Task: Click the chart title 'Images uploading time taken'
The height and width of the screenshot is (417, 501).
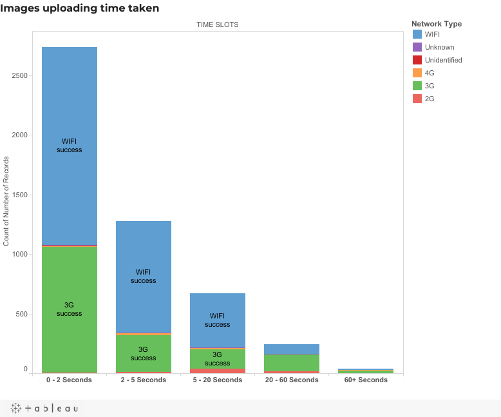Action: (79, 8)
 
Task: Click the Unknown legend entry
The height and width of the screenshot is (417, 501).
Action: (439, 47)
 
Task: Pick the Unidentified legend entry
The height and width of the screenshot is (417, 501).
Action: (443, 60)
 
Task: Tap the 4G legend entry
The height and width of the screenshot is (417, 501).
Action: (430, 73)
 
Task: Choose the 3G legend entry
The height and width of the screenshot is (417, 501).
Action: (430, 86)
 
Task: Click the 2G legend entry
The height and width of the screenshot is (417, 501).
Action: (430, 99)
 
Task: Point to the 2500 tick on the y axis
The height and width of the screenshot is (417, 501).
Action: (19, 75)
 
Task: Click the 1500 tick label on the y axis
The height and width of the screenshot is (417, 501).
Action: (19, 195)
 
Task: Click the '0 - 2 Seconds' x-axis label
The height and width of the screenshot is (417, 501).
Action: (69, 380)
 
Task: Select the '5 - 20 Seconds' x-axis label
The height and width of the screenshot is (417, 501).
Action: (217, 380)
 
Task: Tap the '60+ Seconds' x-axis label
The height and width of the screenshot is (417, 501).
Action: (365, 380)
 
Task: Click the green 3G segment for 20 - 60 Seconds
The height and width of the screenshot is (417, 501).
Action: (291, 362)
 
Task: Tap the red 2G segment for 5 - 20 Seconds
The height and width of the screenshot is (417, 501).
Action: (217, 371)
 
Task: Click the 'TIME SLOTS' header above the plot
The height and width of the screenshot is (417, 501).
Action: (217, 24)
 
